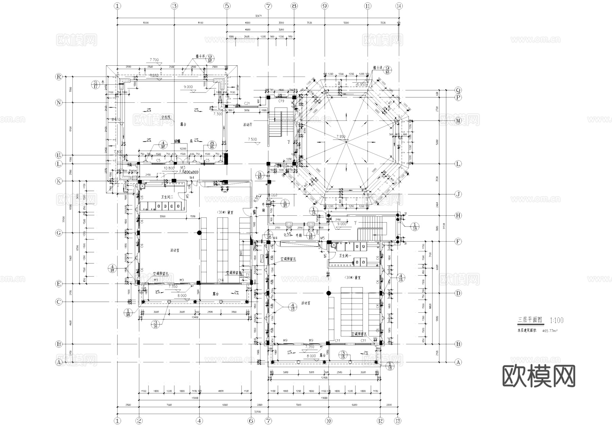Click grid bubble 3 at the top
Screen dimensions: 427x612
pos(174,6)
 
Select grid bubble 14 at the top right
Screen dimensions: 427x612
pos(399,6)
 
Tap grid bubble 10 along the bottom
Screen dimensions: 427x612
pos(328,421)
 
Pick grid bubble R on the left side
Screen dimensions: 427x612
pos(59,77)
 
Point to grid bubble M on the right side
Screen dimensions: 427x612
pos(458,121)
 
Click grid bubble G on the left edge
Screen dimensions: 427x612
pos(59,233)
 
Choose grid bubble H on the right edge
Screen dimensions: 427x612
pos(458,215)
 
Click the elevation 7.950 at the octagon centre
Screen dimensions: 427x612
pos(341,136)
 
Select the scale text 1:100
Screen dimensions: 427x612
pos(556,320)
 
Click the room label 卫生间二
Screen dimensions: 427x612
pos(167,197)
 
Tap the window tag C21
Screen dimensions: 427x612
pos(247,103)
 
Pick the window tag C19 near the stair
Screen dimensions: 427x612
pos(281,101)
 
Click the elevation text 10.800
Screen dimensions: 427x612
pos(169,168)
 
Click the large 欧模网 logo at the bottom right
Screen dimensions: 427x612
pos(539,376)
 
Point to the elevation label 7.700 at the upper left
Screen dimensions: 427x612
pos(154,60)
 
